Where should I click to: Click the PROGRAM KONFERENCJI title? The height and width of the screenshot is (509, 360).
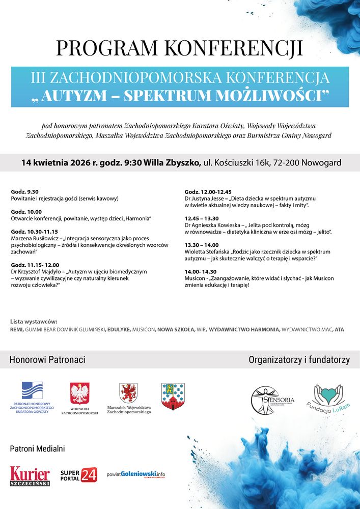pos(179,47)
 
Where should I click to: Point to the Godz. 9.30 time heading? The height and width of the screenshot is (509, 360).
pos(24,191)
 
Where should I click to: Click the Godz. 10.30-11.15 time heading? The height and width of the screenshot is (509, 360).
pos(35,231)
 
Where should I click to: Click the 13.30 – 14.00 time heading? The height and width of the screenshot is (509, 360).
pos(201,245)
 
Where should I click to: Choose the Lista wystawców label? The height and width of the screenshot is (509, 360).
pos(34,322)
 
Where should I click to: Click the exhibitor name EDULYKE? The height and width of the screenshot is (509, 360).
pos(119,330)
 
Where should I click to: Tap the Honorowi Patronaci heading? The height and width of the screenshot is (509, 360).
pos(47,360)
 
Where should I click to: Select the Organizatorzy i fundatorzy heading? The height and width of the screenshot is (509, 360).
pos(299,360)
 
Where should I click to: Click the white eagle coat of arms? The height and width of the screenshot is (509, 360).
pos(79,393)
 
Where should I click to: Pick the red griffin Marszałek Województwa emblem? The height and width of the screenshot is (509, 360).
pos(128,393)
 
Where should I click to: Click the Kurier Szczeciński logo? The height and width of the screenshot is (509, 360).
pos(30,476)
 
